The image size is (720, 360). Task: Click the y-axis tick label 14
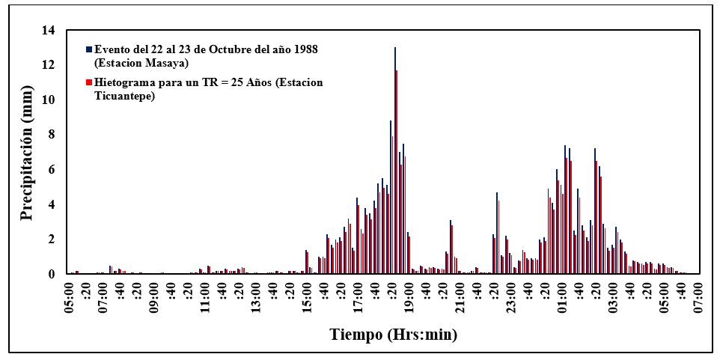(x=49, y=31)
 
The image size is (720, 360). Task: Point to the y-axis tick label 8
(x=52, y=135)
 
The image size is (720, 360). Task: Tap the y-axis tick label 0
(x=52, y=274)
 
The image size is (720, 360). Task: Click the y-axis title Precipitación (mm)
(x=28, y=153)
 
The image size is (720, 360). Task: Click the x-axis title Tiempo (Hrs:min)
(x=394, y=335)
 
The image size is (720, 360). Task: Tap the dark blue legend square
(x=89, y=49)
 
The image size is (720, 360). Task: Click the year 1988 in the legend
(x=304, y=49)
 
